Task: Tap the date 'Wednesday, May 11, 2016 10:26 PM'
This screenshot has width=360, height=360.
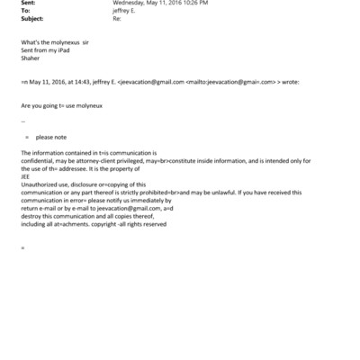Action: coord(160,3)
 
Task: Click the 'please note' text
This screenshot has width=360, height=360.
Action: coord(51,137)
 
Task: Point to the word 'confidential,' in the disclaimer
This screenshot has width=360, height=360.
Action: coord(40,160)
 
